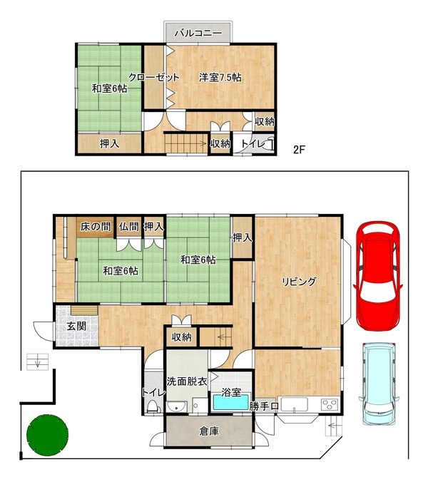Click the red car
[379, 275]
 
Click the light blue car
[379, 384]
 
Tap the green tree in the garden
[47, 435]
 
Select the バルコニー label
[198, 33]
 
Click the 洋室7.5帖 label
[220, 77]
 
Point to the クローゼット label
[153, 77]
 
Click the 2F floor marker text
[299, 150]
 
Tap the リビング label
[299, 281]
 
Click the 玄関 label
[76, 326]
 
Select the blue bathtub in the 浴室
[231, 402]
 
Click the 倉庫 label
[209, 431]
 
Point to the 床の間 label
[96, 227]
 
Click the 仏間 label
[129, 227]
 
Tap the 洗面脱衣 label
[187, 381]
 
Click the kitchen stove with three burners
[330, 404]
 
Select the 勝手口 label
[264, 406]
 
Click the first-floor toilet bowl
[153, 406]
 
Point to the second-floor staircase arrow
[186, 143]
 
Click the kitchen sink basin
[294, 404]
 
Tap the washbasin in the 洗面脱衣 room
[176, 406]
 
